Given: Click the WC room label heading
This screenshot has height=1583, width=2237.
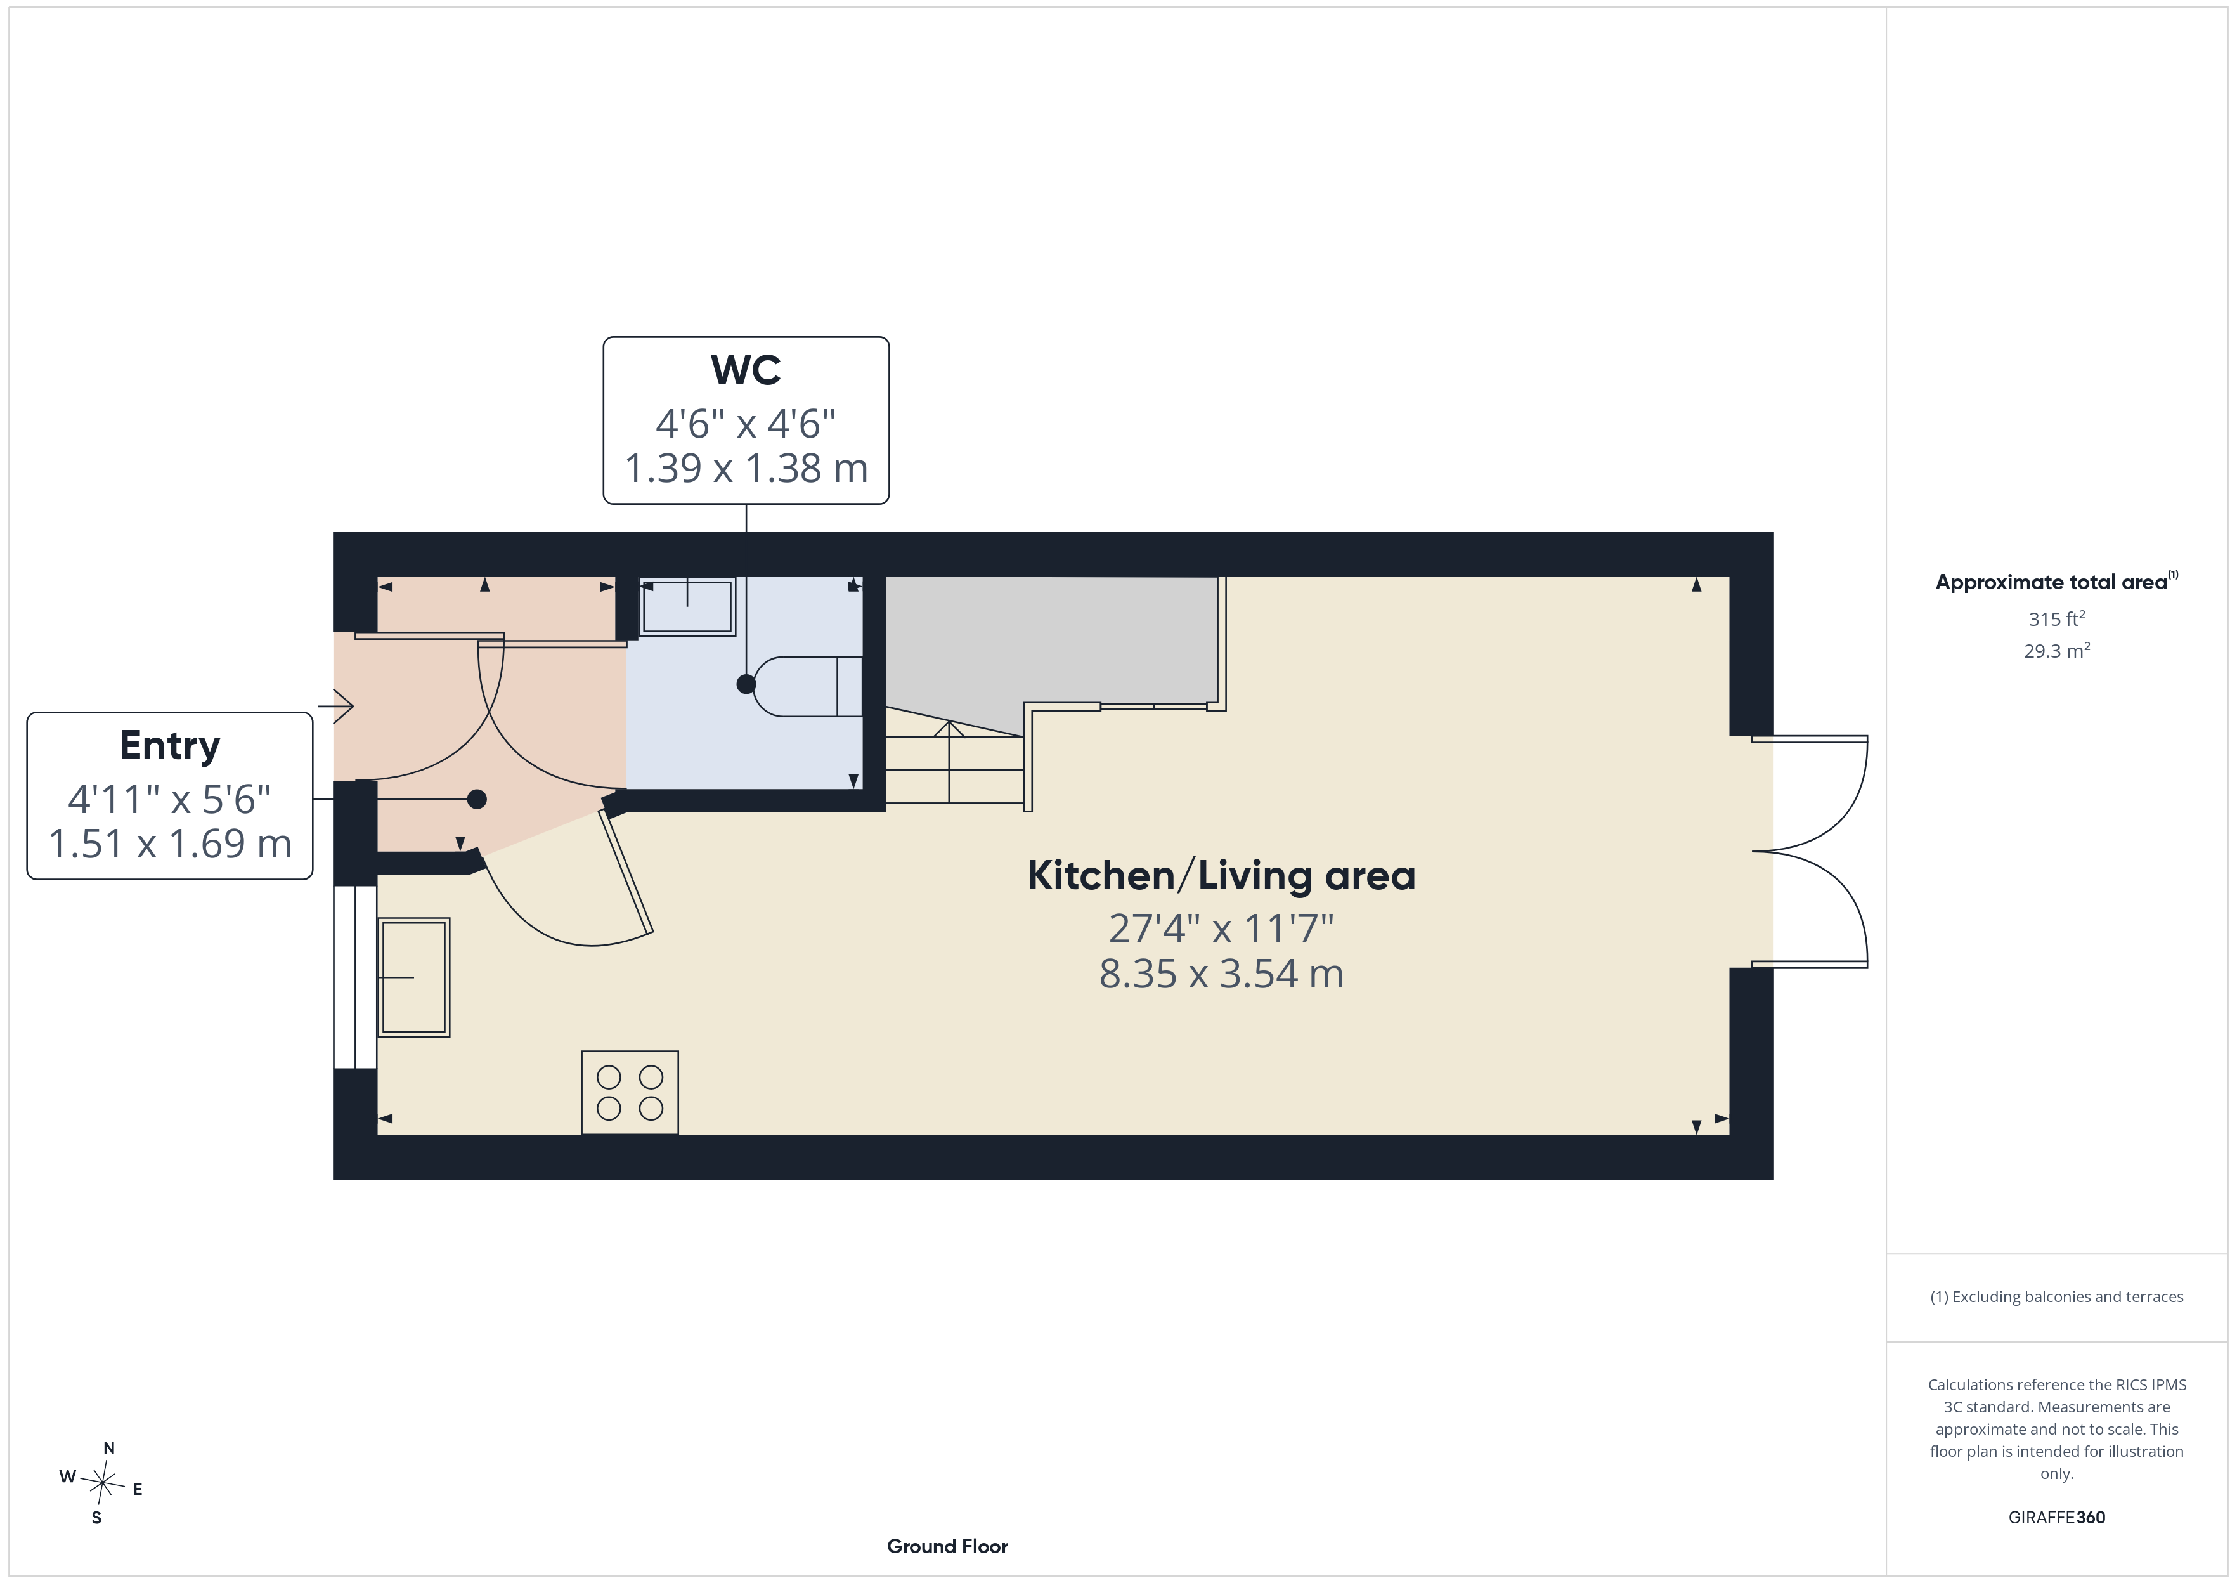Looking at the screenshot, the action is click(x=745, y=370).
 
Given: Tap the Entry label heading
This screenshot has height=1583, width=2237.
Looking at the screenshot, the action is click(x=169, y=746).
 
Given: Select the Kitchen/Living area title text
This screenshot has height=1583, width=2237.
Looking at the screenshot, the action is click(x=1221, y=875).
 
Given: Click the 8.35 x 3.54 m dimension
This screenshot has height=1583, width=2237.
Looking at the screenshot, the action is click(x=1221, y=974).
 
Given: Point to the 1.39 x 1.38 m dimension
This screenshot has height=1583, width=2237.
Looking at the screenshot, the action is click(x=745, y=468).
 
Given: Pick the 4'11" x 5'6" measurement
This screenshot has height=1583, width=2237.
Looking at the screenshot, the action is click(x=169, y=799).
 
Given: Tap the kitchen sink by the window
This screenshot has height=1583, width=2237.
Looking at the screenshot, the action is click(x=413, y=977).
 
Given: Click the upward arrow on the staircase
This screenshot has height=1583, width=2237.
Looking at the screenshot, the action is click(x=950, y=761).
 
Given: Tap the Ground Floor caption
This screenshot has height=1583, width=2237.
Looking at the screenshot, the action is click(x=947, y=1546).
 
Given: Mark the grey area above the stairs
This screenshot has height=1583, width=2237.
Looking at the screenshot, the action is click(x=1050, y=639).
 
